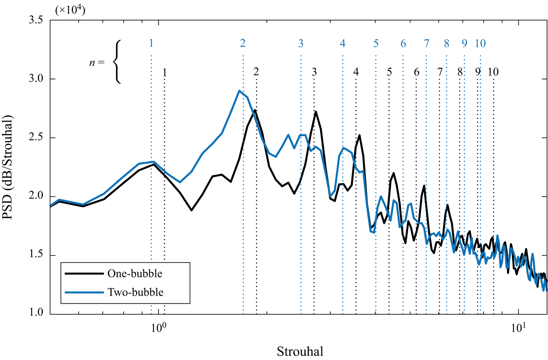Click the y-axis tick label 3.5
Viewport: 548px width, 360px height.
click(36, 20)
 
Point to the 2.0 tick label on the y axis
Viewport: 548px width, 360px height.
click(36, 196)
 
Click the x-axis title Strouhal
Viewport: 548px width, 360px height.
click(300, 351)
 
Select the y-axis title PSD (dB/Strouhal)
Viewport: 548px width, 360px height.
click(8, 167)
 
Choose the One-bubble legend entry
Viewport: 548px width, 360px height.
click(134, 273)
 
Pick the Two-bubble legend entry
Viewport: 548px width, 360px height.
click(135, 292)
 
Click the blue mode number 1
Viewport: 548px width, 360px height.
click(151, 43)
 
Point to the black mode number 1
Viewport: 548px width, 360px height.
click(165, 73)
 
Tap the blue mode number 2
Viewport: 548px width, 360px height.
click(243, 43)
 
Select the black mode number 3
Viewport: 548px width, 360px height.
click(314, 72)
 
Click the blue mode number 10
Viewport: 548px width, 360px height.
click(480, 43)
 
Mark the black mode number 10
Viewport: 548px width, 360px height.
click(493, 72)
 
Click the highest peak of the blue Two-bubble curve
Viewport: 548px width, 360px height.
click(239, 91)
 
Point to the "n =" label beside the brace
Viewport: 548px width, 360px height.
click(97, 63)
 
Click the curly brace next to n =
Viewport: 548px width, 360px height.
click(117, 62)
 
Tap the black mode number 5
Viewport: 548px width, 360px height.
click(389, 72)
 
